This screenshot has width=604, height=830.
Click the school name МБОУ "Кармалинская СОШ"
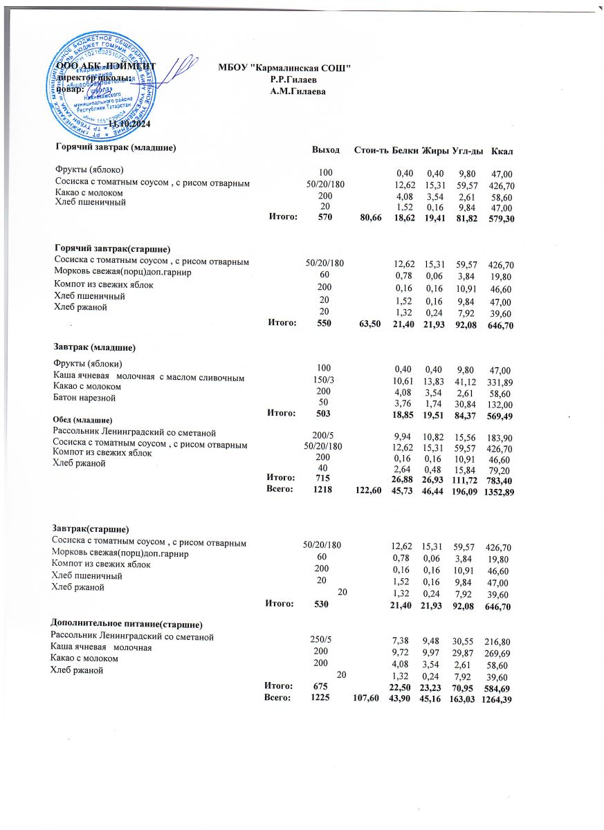coord(284,68)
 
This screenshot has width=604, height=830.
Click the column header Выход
coord(325,150)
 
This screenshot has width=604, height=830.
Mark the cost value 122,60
coord(366,490)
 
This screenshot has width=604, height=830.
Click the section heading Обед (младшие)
coord(82,421)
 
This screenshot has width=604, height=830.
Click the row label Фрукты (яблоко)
coord(89,169)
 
